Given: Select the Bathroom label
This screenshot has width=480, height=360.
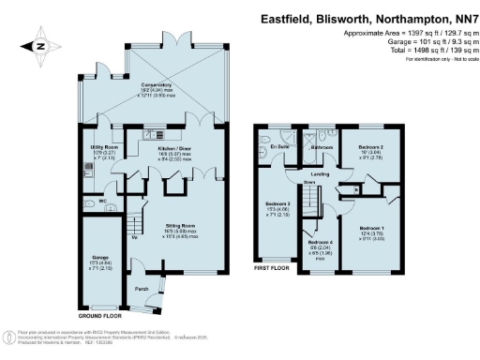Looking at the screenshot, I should click(322, 148).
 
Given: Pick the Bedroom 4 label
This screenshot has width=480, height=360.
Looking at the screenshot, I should click(319, 245).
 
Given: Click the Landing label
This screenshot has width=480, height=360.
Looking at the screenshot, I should click(319, 174).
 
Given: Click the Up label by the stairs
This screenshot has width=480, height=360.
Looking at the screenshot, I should click(133, 236).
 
